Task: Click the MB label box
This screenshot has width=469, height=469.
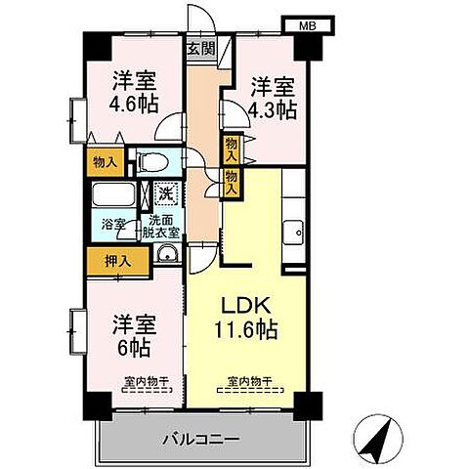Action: [x=305, y=25]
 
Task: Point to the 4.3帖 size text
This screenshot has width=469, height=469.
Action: [x=272, y=110]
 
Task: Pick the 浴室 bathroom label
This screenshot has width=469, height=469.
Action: [x=114, y=224]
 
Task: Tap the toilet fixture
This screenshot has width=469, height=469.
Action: [x=151, y=162]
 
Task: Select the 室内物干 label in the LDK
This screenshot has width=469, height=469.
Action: [x=248, y=382]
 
